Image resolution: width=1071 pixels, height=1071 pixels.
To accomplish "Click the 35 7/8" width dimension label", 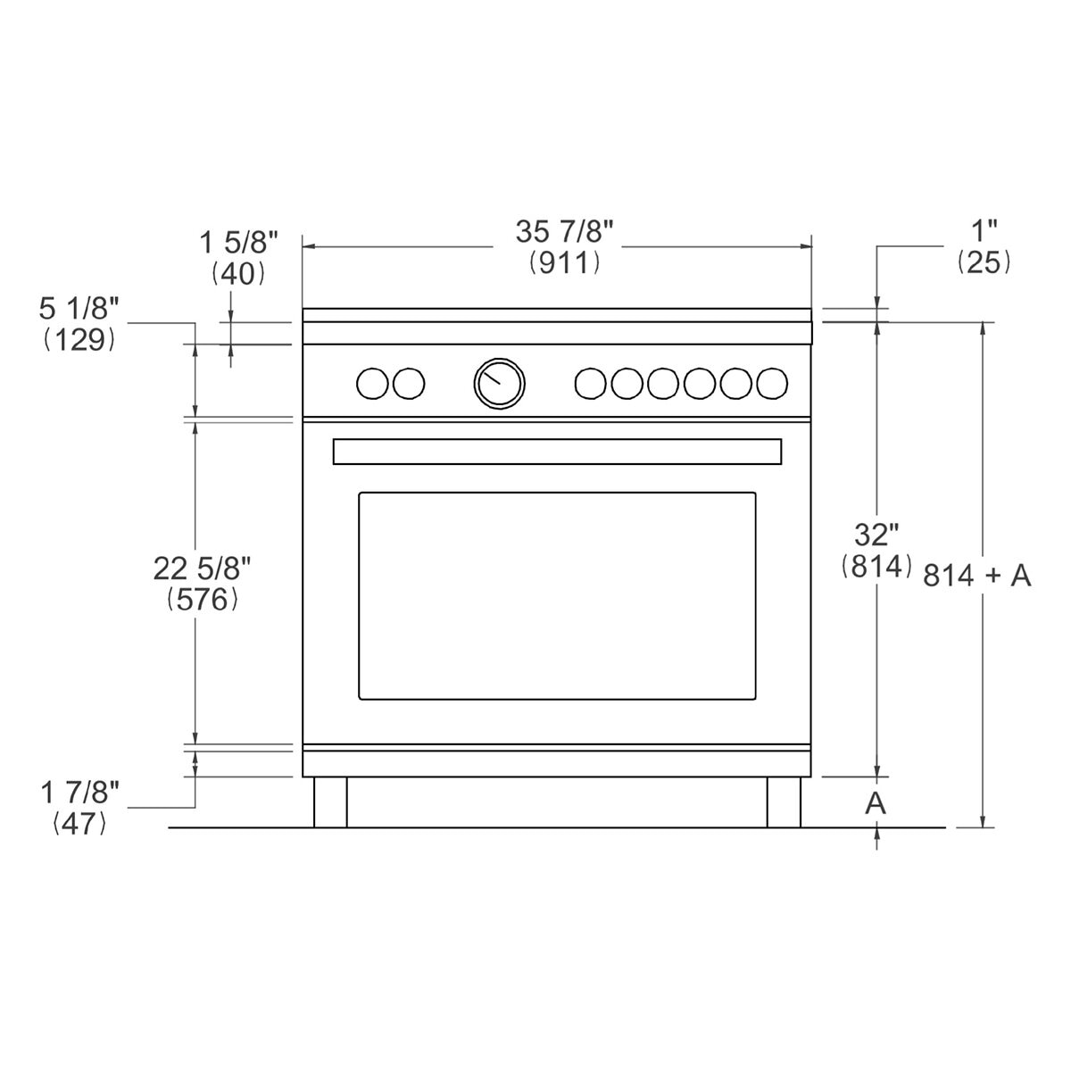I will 564,232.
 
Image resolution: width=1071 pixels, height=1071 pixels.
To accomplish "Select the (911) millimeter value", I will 563,262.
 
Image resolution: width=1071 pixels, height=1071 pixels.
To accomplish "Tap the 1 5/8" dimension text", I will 239,241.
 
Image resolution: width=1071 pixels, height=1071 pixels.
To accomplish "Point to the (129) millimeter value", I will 79,340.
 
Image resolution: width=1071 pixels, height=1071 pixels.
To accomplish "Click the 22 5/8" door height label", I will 203,568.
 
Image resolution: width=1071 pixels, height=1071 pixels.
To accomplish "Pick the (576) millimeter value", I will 203,600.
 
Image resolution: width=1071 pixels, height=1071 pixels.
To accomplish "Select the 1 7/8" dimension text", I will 79,792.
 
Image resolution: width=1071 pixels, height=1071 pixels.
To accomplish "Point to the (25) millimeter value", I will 984,262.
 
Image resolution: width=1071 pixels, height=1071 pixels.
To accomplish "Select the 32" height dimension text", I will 876,535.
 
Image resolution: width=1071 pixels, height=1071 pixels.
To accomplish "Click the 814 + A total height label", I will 976,577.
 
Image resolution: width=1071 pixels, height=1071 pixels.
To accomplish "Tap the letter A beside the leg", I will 876,802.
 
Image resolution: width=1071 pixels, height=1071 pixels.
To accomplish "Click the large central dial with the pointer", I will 499,383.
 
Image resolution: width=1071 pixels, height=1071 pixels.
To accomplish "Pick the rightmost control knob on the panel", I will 772,383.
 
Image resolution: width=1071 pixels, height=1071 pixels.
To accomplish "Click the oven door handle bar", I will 557,452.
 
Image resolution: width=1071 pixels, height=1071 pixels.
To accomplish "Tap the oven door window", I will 557,595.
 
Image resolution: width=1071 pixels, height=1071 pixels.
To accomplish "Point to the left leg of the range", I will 330,802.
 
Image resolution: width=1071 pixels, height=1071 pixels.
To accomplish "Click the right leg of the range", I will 784,802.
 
